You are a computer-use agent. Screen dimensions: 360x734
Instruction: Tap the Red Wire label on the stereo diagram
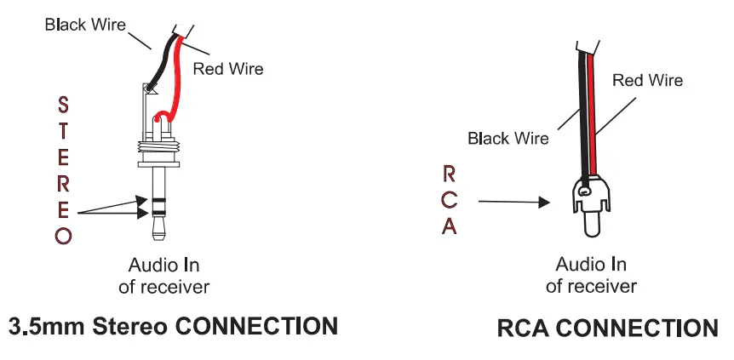tap(228, 69)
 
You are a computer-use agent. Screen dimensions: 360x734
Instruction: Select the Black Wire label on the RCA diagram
tap(508, 139)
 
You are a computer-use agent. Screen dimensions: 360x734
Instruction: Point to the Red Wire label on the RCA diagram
tap(648, 80)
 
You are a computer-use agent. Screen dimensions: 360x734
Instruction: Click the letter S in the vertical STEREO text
tap(63, 104)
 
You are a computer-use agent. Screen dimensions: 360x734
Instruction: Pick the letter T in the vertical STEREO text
tap(63, 130)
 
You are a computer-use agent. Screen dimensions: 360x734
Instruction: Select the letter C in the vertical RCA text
tap(450, 201)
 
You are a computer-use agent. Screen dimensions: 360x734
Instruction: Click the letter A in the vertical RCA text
tap(450, 227)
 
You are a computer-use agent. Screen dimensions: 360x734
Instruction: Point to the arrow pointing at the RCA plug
tap(511, 203)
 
